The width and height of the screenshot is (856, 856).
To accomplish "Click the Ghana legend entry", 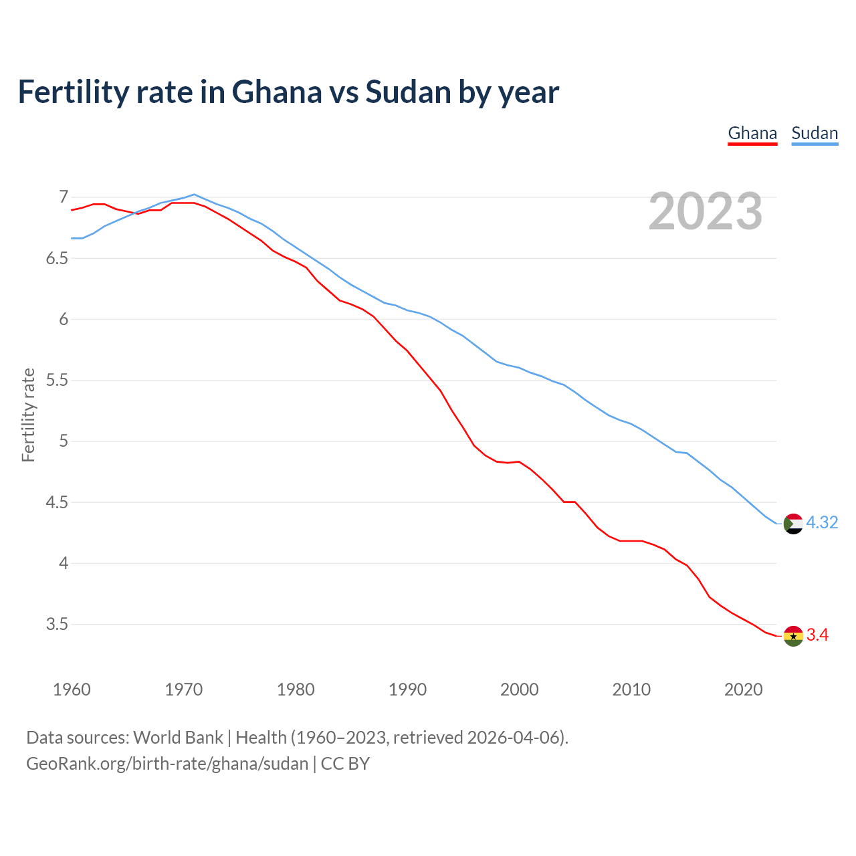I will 752,133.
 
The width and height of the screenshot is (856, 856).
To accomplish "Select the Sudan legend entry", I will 815,133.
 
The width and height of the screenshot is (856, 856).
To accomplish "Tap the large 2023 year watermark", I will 706,211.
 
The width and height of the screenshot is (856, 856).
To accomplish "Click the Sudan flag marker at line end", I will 793,523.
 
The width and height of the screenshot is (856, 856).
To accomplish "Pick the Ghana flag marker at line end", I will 793,635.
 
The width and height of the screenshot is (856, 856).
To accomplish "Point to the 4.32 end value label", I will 822,523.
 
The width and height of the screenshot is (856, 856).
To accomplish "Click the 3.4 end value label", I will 817,635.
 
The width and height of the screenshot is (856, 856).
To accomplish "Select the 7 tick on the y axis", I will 64,197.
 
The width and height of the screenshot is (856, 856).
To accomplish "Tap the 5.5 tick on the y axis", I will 57,380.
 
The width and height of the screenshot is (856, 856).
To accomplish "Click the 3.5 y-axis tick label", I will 57,624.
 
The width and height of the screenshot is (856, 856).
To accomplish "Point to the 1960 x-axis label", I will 72,689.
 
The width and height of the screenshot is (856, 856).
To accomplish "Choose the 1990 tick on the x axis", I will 407,689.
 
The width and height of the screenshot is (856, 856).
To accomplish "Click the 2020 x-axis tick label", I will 743,689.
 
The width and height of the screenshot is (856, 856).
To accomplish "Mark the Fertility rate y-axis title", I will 28,415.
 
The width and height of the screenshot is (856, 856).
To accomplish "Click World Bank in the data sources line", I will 178,738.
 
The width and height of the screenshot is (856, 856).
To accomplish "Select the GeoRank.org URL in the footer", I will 167,764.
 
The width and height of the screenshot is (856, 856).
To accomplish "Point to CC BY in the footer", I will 345,764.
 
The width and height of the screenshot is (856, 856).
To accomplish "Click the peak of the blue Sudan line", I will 194,195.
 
